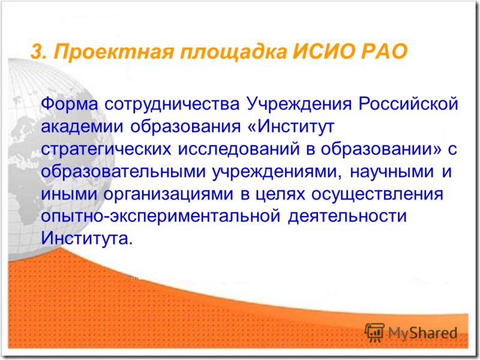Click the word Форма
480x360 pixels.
point(69,104)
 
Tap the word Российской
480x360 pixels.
point(409,104)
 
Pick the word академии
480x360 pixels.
point(82,127)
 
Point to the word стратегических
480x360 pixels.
point(106,149)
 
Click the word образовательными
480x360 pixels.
point(123,172)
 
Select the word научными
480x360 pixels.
point(392,172)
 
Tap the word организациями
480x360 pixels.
point(168,194)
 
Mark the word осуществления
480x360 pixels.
point(377,194)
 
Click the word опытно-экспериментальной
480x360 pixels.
point(160,217)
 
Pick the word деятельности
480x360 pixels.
point(347,217)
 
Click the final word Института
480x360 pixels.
point(87,238)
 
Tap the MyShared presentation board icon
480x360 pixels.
point(374,332)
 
